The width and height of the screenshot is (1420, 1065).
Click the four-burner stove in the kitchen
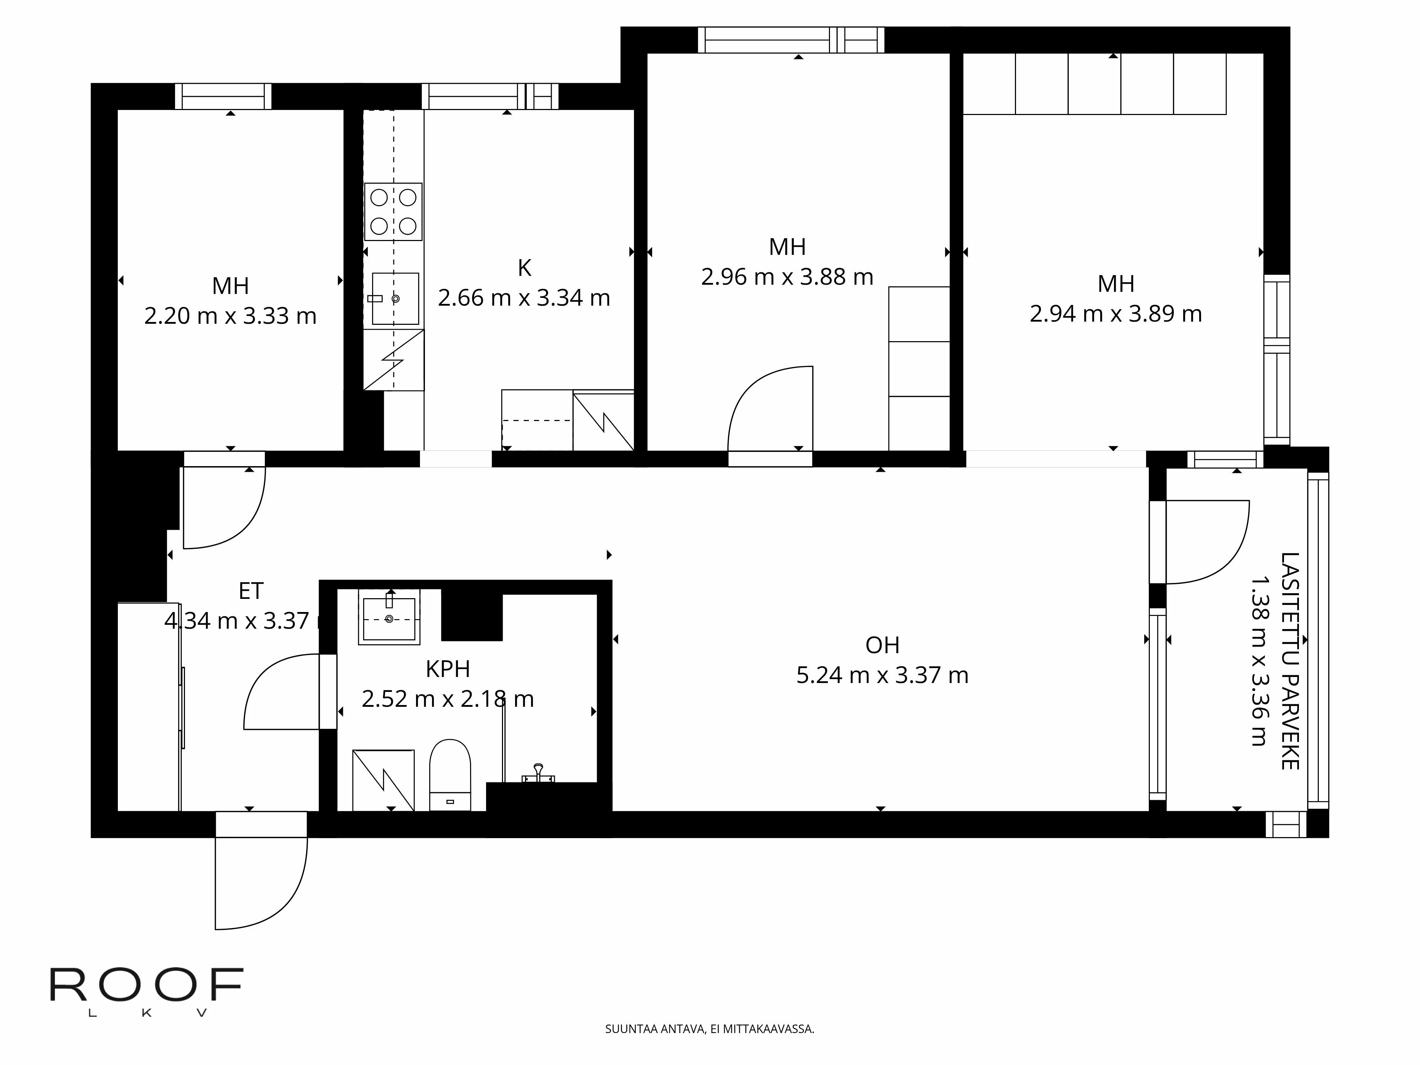coord(393,212)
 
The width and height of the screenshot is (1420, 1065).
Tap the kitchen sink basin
coord(395,299)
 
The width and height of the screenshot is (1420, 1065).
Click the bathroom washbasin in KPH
coord(389,618)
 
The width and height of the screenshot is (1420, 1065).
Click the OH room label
coord(882,645)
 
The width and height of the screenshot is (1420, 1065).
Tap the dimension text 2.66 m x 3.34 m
coord(524,298)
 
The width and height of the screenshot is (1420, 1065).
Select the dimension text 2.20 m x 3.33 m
coord(230,316)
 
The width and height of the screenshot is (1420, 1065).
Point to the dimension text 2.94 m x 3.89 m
coord(1116,314)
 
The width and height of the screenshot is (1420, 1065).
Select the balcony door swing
coord(1207,542)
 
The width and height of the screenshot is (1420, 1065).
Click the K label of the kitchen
coord(524,268)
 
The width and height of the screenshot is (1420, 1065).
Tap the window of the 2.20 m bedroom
coord(223,96)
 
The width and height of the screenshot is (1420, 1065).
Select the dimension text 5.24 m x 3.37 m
coord(882,675)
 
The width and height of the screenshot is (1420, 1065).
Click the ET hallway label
coord(251,591)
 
